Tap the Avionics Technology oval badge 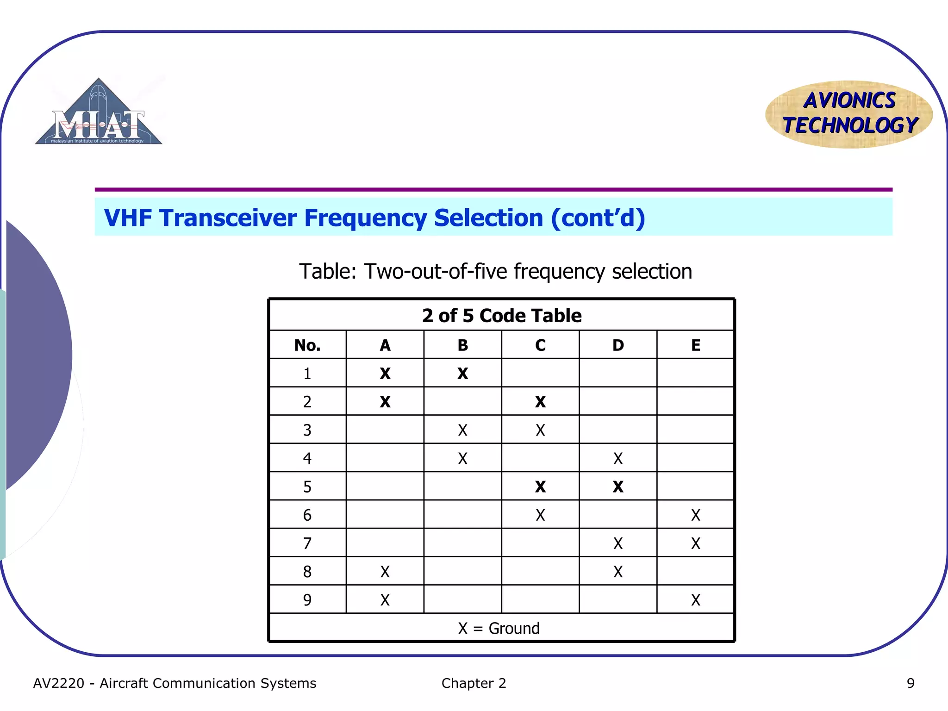849,114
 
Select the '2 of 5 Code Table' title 502,316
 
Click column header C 540,345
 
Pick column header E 695,345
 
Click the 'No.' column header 307,345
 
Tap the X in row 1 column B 462,374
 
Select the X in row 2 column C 540,402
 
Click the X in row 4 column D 618,459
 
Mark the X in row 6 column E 695,515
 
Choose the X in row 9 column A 385,600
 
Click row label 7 307,543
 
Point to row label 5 307,487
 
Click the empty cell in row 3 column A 385,430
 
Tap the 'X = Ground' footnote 499,629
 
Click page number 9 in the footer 910,683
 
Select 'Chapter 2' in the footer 474,683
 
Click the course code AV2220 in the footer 59,683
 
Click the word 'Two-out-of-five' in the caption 435,272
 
